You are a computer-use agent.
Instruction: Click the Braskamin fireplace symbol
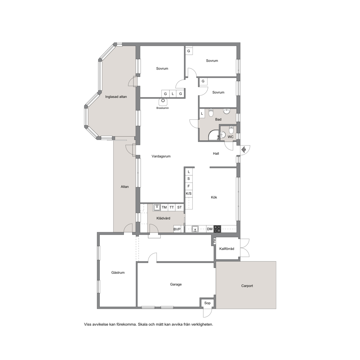(163, 101)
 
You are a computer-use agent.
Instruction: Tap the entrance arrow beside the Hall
(244, 150)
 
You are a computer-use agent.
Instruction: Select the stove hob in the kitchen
(217, 229)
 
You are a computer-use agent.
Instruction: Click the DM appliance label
(210, 229)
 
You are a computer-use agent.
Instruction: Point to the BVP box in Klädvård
(177, 229)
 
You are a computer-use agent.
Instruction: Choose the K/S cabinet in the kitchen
(189, 193)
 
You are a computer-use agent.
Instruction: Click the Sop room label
(207, 303)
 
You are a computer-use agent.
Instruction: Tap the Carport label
(247, 286)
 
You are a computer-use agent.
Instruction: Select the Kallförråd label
(227, 249)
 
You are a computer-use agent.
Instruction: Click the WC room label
(231, 137)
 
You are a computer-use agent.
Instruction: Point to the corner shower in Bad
(213, 135)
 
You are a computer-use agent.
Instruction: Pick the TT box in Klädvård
(172, 207)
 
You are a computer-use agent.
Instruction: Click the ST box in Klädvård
(180, 207)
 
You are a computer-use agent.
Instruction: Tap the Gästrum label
(118, 272)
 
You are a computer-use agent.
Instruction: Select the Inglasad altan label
(116, 97)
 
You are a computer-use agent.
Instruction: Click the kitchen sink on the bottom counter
(195, 229)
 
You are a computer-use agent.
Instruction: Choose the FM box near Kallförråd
(214, 241)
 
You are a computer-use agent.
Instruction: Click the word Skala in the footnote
(143, 324)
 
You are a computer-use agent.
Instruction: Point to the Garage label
(176, 284)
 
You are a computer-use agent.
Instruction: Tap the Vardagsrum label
(161, 156)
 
